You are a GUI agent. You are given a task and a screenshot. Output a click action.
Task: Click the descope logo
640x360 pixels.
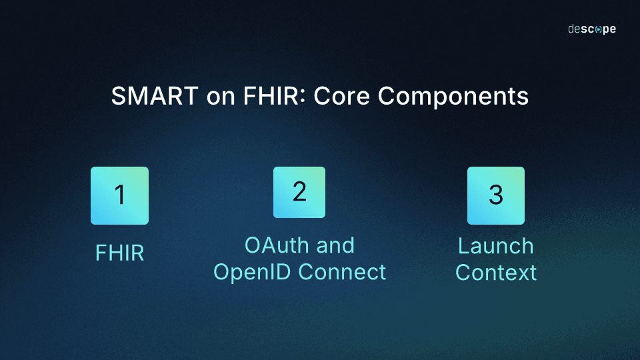[591, 29]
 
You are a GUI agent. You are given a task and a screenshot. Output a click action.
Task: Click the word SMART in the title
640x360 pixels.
[155, 97]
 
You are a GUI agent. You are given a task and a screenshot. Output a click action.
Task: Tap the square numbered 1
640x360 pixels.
[119, 195]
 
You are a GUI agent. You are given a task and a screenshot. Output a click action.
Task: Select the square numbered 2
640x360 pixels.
[299, 192]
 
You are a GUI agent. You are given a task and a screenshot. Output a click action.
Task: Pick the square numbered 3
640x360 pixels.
[495, 195]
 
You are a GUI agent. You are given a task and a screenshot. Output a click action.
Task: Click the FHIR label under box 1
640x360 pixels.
[120, 253]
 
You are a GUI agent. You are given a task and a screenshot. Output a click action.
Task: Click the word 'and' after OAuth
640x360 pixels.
[335, 245]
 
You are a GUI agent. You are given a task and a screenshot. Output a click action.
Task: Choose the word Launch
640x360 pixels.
[495, 246]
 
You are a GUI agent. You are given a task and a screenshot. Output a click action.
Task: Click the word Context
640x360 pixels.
[495, 273]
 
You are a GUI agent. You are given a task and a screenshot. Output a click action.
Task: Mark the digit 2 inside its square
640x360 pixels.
[299, 191]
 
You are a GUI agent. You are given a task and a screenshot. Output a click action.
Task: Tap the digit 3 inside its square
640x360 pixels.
[495, 195]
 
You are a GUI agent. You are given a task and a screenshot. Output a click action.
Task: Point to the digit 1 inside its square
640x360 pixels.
[120, 195]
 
